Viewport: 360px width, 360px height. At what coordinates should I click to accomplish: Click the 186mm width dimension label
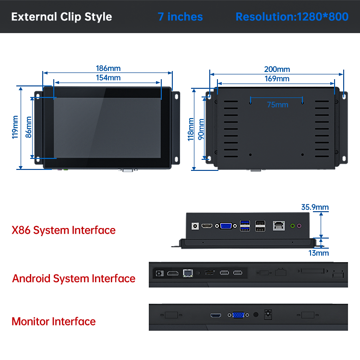108,69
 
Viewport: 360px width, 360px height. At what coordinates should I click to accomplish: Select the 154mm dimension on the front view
108,78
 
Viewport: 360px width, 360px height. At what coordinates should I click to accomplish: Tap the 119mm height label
15,127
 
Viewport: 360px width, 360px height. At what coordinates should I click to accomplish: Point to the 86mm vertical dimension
28,127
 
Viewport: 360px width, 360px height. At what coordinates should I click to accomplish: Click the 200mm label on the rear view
277,69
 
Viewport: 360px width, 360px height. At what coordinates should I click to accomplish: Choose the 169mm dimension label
277,79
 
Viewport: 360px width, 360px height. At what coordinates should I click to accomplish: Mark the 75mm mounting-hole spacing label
277,105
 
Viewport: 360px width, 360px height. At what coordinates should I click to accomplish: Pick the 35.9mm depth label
315,207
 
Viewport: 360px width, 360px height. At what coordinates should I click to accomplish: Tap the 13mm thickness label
318,252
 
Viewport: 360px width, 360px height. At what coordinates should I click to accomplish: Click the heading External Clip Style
61,17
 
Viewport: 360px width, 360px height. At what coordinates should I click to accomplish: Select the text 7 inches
180,17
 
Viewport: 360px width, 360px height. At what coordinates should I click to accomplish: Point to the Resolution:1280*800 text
292,17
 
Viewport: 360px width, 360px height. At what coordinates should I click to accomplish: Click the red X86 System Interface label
63,230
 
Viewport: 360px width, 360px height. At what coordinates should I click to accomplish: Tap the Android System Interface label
73,278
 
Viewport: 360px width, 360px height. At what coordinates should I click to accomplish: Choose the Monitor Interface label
53,322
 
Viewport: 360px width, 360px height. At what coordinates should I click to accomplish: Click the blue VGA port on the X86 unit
226,225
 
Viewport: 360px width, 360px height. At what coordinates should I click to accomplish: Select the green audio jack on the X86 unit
291,225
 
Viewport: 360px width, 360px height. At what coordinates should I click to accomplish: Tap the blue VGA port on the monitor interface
238,315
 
